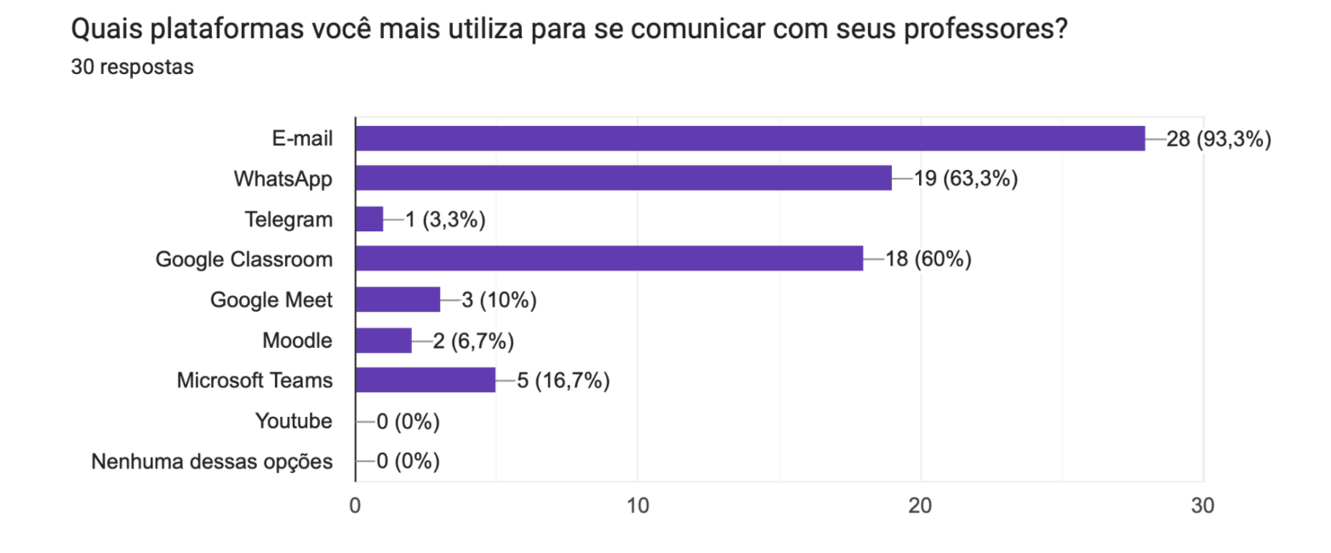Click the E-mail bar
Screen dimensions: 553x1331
pos(750,138)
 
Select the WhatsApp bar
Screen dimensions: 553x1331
pos(623,178)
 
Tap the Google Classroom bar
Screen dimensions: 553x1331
pos(608,259)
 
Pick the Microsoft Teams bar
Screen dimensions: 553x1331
pos(425,380)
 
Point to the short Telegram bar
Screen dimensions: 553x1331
pos(369,219)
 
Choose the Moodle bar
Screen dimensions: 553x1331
pos(383,340)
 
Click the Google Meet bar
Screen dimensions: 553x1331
pos(397,299)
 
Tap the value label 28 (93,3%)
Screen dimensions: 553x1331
pos(1218,139)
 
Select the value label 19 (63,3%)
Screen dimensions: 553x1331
pos(965,179)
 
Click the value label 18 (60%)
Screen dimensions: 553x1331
pos(928,259)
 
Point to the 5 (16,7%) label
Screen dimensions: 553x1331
pos(563,381)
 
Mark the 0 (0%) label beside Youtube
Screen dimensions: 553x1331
pos(408,421)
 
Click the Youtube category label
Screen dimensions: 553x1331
pos(294,421)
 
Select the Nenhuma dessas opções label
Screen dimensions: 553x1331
pos(212,462)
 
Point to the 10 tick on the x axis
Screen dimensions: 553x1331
pos(637,505)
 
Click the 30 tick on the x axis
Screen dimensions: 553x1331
pos(1202,505)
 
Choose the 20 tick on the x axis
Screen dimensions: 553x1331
pos(920,505)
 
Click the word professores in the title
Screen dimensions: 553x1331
pos(983,31)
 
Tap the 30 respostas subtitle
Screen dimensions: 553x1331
pos(132,67)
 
